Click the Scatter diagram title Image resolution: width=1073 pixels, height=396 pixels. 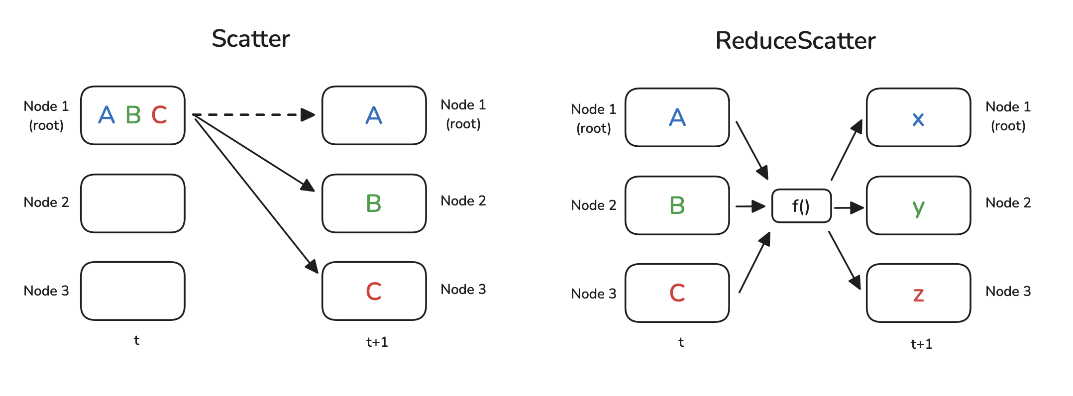coord(250,39)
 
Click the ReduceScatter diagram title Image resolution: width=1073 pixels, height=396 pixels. coord(795,41)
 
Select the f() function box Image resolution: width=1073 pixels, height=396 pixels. coord(801,205)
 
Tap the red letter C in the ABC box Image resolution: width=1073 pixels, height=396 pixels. coord(159,115)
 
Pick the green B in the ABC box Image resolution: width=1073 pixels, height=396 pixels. coord(133,115)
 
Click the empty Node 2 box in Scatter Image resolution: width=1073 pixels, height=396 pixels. coord(133,203)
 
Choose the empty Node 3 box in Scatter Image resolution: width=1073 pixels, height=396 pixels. coord(133,291)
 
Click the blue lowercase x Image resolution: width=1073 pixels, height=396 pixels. coord(918,119)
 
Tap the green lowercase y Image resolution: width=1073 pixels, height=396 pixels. coord(918,207)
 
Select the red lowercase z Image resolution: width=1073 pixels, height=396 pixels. coord(918,295)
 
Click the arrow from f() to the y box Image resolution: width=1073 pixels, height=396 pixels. coord(849,207)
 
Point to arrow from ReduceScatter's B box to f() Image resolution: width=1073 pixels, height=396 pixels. coord(750,205)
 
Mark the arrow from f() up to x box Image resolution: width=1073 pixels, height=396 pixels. coord(846,150)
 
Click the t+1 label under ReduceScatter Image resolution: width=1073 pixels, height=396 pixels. coord(921,344)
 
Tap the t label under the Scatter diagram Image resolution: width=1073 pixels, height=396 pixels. coord(136,340)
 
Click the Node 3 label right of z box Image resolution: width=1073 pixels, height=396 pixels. coord(1008,291)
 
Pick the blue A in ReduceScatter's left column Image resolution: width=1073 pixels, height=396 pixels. coord(677,117)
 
